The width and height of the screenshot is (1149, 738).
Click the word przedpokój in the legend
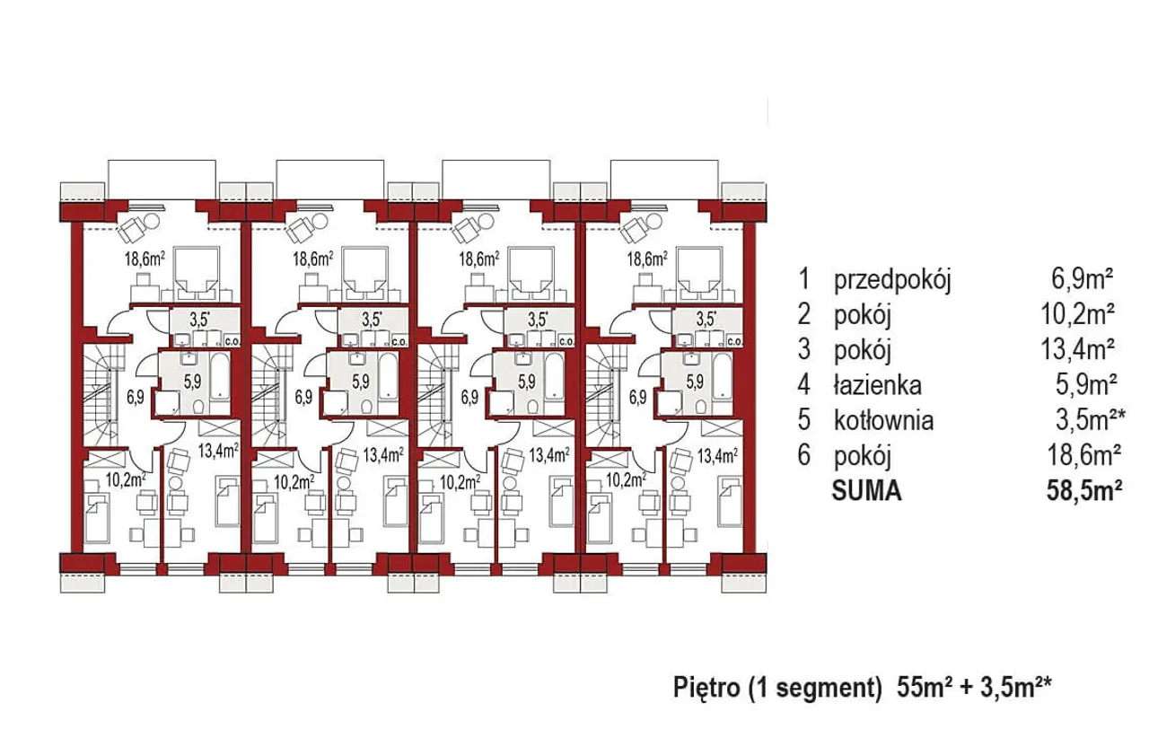[x=892, y=281]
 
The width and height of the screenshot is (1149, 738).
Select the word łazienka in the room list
[x=878, y=385]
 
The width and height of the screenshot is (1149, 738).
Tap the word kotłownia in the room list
[x=884, y=420]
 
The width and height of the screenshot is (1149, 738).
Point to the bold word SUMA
[x=866, y=490]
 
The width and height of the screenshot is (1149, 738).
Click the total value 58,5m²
[x=1083, y=490]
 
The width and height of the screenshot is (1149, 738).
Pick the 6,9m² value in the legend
[x=1082, y=280]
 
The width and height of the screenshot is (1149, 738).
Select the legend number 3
[x=804, y=350]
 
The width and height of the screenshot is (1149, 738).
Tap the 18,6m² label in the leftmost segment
[x=145, y=259]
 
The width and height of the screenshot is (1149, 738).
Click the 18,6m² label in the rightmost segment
[x=647, y=259]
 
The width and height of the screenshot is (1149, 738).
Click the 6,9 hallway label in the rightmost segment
[x=637, y=398]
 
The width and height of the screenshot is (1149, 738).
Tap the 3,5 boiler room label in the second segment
[x=372, y=320]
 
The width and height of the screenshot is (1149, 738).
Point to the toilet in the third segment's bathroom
[x=533, y=408]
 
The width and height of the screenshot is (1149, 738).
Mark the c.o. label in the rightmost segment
[x=734, y=341]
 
